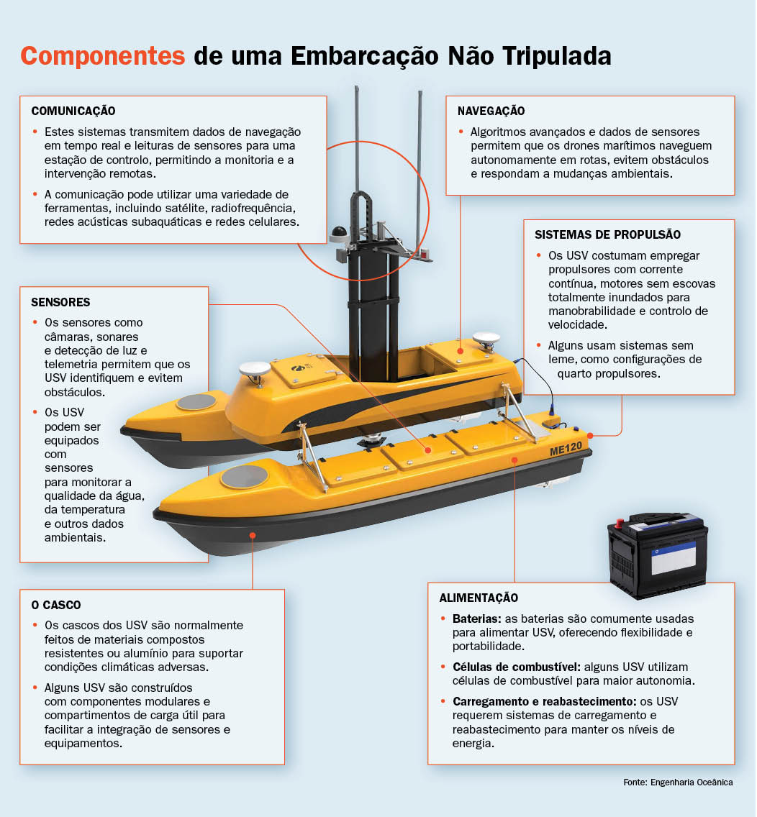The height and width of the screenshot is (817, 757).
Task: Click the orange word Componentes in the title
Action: (x=103, y=56)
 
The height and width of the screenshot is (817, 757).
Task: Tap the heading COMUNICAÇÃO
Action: (x=73, y=111)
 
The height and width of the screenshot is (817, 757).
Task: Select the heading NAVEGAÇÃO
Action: (x=491, y=111)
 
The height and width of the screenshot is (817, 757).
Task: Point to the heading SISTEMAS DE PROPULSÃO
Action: (x=607, y=234)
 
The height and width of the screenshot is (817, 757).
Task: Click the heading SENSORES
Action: (x=60, y=302)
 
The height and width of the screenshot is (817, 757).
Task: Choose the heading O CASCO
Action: (x=56, y=605)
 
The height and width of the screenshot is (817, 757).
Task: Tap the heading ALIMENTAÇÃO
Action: (x=479, y=598)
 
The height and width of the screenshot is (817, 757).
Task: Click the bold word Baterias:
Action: (x=477, y=619)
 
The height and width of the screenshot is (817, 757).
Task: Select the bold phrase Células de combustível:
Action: (x=517, y=667)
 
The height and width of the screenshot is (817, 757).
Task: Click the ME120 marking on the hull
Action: (x=566, y=449)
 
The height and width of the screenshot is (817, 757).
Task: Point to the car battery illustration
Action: (x=658, y=555)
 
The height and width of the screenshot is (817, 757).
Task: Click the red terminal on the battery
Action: (x=620, y=523)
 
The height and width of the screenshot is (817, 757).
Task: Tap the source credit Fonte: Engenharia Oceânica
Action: (x=678, y=782)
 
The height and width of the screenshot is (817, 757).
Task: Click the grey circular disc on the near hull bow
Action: (x=244, y=476)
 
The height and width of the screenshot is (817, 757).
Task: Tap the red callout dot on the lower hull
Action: (x=253, y=535)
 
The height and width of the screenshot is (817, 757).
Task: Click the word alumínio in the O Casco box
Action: (x=191, y=654)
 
